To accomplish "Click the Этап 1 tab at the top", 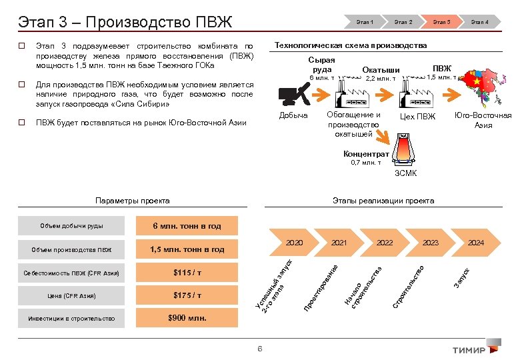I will (365, 22).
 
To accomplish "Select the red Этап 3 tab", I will (441, 22).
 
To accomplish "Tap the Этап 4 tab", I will (480, 22).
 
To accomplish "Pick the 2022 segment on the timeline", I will (384, 243).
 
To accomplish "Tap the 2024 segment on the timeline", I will (475, 243).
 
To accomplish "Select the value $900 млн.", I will (189, 318).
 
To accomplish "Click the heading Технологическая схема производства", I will (351, 45).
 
